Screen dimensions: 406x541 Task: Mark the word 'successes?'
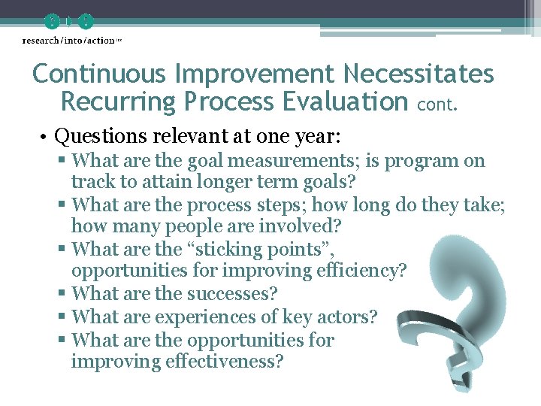(x=231, y=294)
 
